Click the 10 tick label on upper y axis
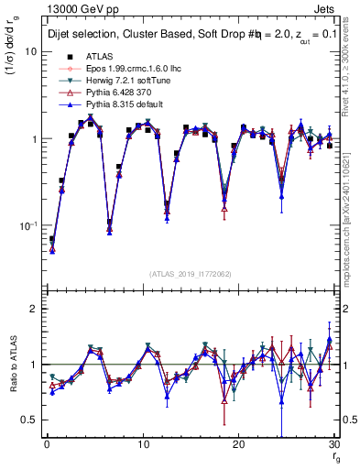pos(29,52)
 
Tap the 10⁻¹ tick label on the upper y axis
pos(27,225)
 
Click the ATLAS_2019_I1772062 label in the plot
pos(190,274)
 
